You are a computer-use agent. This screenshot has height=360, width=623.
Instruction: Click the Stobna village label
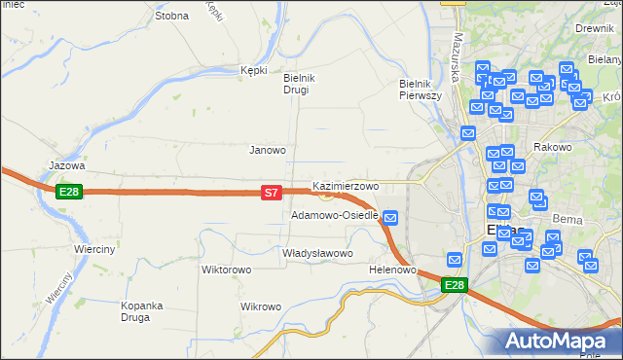pyautogui.click(x=171, y=17)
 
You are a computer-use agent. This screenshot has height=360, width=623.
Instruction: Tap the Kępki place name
pyautogui.click(x=253, y=70)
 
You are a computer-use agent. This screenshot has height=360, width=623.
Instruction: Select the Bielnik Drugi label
pyautogui.click(x=296, y=84)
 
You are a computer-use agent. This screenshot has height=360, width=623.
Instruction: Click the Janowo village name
pyautogui.click(x=268, y=151)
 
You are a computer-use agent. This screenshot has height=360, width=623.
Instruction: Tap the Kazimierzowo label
pyautogui.click(x=345, y=186)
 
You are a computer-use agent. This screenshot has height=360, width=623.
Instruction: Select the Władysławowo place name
pyautogui.click(x=316, y=253)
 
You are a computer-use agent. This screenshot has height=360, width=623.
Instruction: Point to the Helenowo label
pyautogui.click(x=393, y=270)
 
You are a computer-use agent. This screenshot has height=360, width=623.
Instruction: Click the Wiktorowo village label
pyautogui.click(x=227, y=270)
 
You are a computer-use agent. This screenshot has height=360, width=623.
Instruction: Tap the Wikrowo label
pyautogui.click(x=261, y=306)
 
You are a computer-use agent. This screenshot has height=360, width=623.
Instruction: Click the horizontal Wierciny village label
pyautogui.click(x=95, y=249)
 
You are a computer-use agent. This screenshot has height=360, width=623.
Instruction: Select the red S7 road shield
pyautogui.click(x=273, y=194)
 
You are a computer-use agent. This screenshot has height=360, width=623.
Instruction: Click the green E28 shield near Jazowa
pyautogui.click(x=68, y=192)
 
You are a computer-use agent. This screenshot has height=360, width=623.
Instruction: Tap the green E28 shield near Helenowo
pyautogui.click(x=455, y=285)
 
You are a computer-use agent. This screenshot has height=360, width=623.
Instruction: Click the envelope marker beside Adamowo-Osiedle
pyautogui.click(x=390, y=217)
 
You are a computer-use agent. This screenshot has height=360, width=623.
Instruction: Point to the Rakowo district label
pyautogui.click(x=552, y=148)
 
